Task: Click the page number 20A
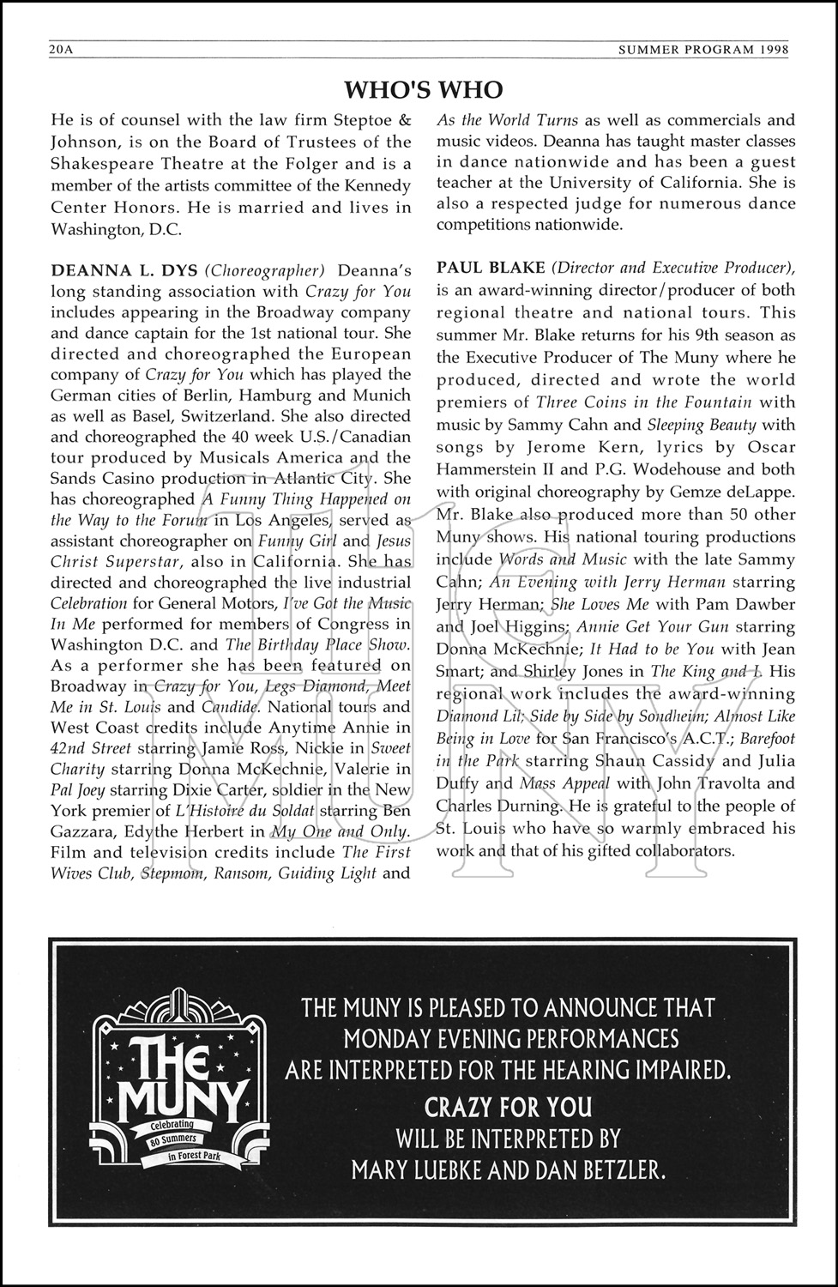[63, 51]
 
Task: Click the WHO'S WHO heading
[423, 89]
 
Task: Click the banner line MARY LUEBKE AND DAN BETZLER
[508, 1169]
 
